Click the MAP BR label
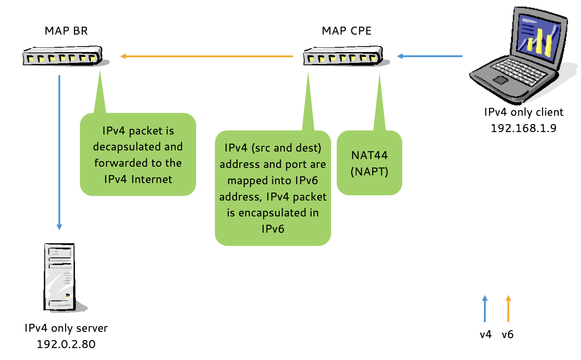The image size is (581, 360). (66, 31)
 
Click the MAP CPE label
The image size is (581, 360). (347, 31)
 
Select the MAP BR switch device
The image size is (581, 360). (63, 56)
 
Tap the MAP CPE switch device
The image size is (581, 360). (343, 56)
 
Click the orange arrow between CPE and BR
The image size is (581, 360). (207, 56)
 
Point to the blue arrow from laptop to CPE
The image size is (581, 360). (430, 56)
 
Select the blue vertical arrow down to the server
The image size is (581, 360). (59, 151)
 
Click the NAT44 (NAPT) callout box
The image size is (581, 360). (369, 163)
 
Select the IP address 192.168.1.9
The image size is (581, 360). (523, 128)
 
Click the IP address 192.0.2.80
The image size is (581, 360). (66, 344)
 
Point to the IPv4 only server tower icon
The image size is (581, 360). (60, 276)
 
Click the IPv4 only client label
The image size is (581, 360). (523, 112)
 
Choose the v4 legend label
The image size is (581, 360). (485, 335)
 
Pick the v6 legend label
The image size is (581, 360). (507, 335)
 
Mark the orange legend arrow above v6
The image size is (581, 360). (508, 309)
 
